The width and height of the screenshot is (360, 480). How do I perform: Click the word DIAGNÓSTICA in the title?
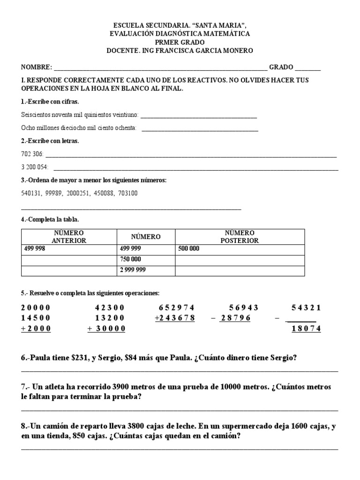187,34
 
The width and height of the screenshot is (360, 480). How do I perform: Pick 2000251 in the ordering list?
80,193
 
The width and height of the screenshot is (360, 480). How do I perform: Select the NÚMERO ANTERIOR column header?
68,237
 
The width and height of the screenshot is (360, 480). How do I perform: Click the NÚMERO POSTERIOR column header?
240,237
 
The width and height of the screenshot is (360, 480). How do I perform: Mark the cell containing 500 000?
240,249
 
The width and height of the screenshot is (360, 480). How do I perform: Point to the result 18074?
306,329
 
